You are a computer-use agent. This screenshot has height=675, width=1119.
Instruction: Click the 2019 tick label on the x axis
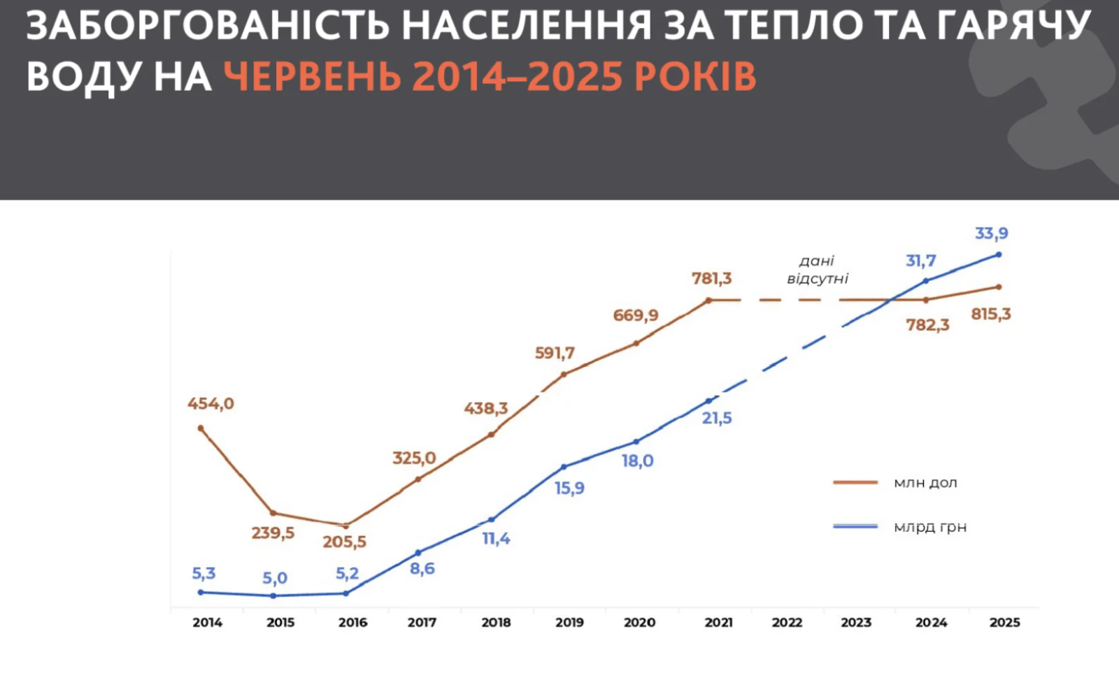569,622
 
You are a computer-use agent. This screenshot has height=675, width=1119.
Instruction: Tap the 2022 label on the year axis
787,622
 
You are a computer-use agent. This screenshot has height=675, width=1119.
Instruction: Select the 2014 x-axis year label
207,622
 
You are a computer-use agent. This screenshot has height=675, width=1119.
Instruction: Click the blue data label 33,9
992,233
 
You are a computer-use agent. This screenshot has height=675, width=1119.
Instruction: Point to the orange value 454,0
211,404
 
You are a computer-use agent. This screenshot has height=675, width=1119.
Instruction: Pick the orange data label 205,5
344,542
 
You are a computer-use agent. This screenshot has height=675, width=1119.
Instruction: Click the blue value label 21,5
717,418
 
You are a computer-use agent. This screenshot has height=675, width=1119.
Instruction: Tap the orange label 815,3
991,314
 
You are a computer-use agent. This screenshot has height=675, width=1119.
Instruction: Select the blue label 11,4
496,539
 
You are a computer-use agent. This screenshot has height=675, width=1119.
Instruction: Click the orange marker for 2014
201,428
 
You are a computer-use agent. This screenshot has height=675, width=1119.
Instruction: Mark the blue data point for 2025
999,254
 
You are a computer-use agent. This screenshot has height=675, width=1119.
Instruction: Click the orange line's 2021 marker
708,300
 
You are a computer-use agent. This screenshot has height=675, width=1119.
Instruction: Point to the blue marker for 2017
418,553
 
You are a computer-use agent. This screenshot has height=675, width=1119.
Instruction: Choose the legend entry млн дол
925,483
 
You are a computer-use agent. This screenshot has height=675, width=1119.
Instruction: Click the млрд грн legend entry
929,527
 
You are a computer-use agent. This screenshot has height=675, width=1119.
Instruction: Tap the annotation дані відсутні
817,270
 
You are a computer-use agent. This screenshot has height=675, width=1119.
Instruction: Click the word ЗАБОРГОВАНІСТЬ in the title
208,27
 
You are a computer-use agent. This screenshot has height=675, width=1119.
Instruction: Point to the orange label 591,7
555,354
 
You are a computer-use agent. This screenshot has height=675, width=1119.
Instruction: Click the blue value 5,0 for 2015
275,579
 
